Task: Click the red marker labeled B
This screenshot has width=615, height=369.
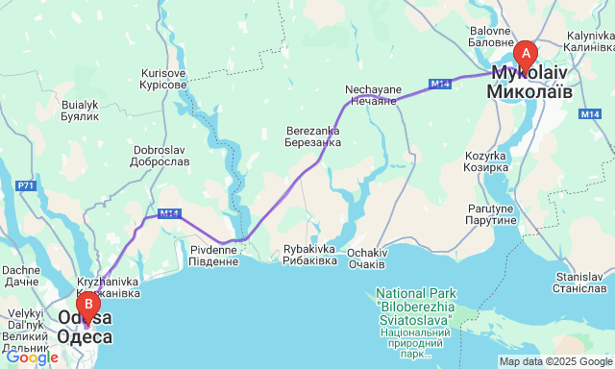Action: [x=88, y=307]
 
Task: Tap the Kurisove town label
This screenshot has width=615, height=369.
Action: [x=163, y=79]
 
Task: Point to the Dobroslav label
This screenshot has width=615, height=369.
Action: [x=160, y=156]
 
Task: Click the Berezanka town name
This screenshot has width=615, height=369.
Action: [x=313, y=136]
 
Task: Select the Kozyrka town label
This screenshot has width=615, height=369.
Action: [x=485, y=161]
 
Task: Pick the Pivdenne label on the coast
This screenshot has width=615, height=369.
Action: [x=209, y=256]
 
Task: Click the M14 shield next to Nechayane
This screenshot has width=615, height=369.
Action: [x=439, y=85]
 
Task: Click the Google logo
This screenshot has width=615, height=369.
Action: [x=31, y=357]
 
